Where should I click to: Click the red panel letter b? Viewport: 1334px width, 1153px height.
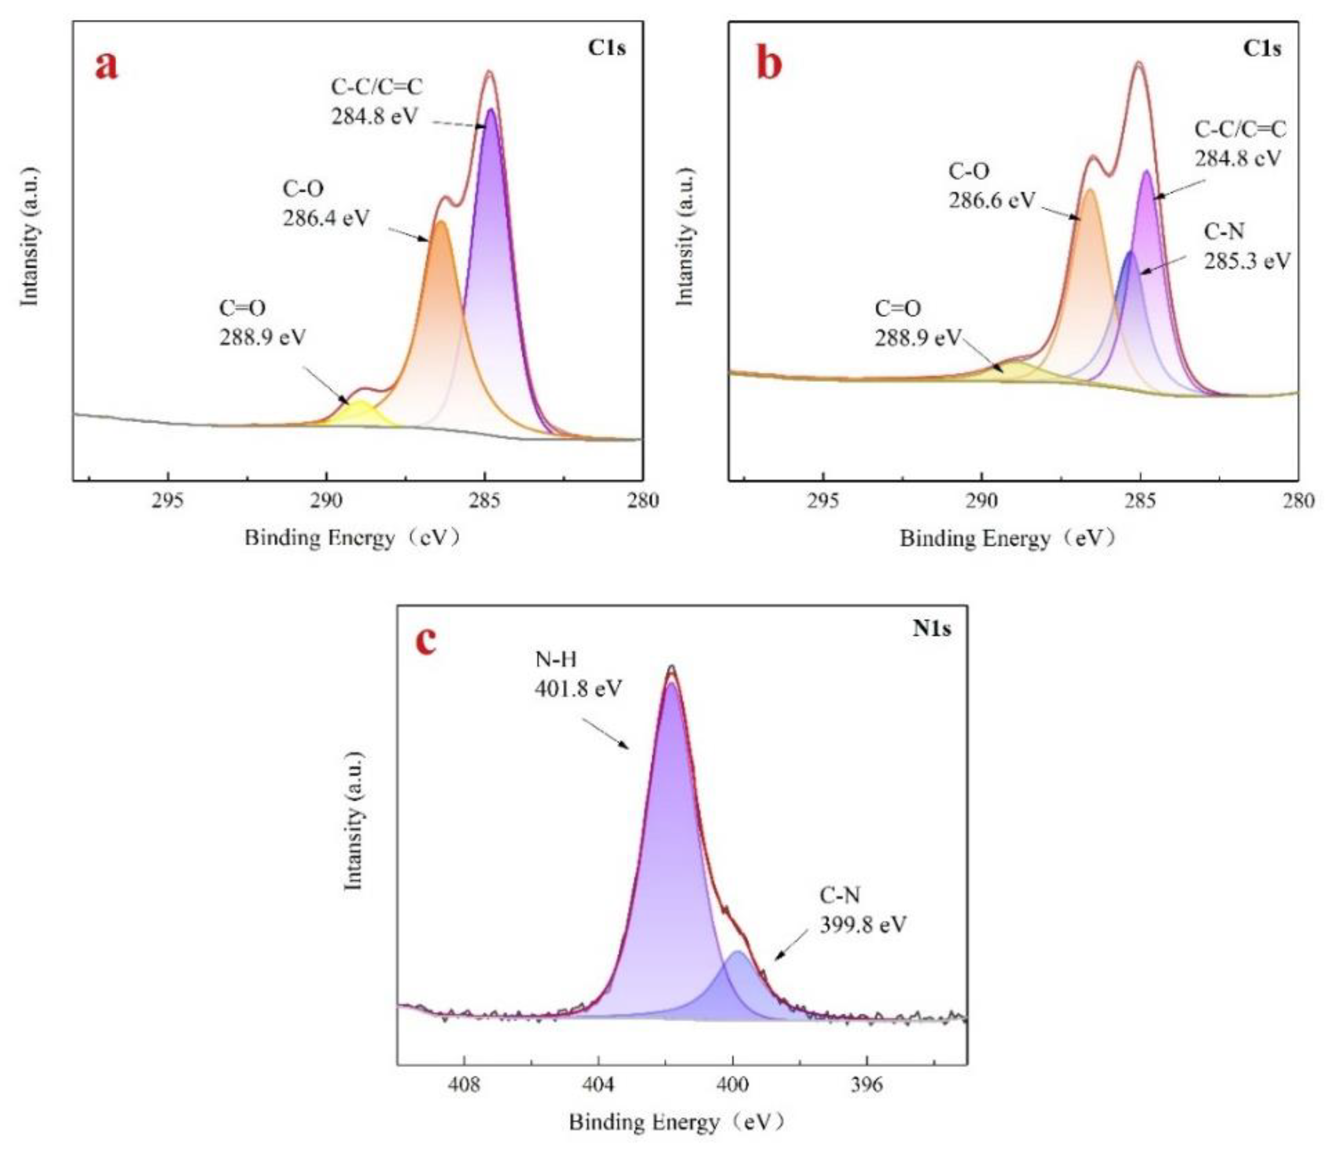coord(769,65)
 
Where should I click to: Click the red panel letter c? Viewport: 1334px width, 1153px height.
coord(426,641)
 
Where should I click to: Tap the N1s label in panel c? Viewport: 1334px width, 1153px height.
coord(931,628)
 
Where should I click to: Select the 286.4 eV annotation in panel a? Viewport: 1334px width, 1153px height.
coord(326,218)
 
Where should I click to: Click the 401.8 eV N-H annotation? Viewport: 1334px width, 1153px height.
coord(578,689)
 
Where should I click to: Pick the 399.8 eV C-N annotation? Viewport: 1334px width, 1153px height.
coord(863,924)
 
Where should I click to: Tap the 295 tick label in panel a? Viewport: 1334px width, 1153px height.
coord(168,500)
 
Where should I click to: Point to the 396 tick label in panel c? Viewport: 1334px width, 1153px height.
coord(866,1085)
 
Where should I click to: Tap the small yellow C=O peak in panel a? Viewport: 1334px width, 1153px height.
coord(361,413)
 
